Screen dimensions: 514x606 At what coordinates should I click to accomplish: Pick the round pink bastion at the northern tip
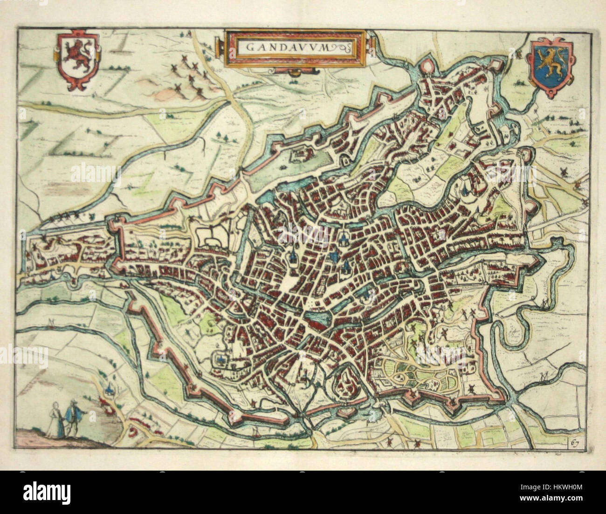(425, 68)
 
